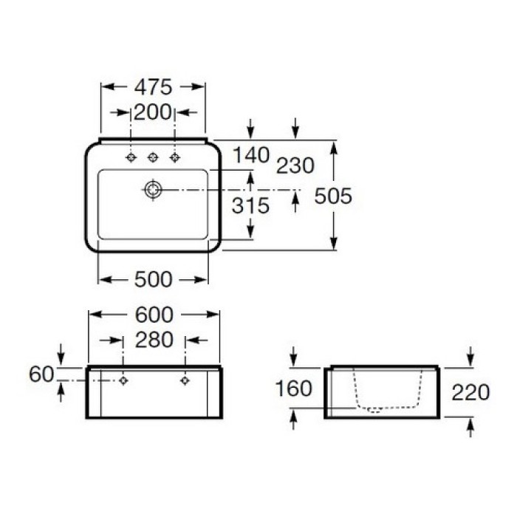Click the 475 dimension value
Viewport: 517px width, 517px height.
coord(152,87)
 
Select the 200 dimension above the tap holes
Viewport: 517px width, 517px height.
coord(152,112)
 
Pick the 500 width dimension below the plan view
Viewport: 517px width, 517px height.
coord(154,279)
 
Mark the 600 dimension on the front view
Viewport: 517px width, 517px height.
coord(154,315)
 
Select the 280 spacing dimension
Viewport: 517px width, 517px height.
coord(154,340)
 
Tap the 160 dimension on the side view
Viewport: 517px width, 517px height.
coord(294,388)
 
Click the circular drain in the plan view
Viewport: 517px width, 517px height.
coord(153,190)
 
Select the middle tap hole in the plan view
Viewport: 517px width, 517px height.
coord(153,157)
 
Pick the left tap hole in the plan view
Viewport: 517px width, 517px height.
coord(131,157)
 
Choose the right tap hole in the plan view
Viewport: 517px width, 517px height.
coord(175,157)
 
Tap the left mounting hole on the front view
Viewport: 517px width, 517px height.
coord(124,380)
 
